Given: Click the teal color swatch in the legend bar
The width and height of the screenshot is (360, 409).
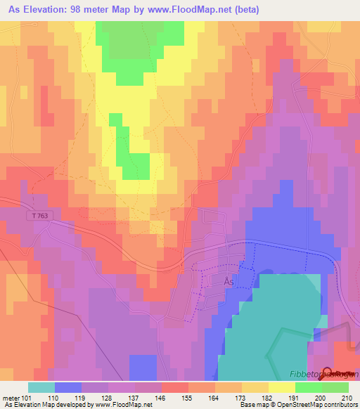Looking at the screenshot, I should pos(41,387).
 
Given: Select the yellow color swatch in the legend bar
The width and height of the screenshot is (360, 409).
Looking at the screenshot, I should pos(281,387).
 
